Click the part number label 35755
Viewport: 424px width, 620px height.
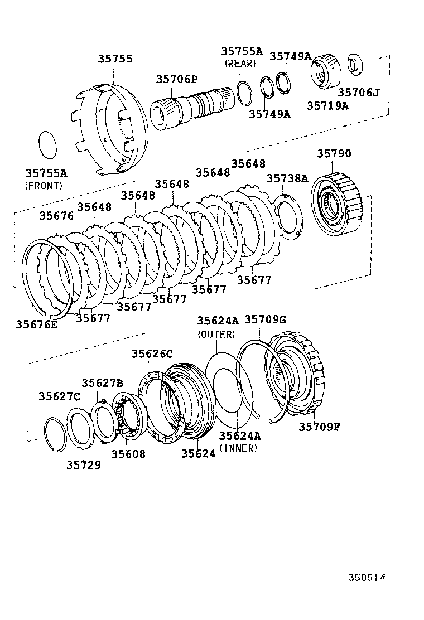(115, 59)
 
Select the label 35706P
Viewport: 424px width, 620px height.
(177, 80)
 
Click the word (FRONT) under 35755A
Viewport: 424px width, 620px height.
(44, 186)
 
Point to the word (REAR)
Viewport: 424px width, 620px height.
(240, 64)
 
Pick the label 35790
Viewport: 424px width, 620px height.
(334, 153)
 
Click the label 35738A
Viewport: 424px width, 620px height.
(287, 178)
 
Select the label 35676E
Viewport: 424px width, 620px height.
(36, 324)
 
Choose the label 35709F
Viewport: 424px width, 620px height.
(320, 427)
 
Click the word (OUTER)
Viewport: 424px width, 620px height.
(216, 335)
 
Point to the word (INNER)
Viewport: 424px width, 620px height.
(239, 448)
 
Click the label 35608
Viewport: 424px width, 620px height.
(128, 454)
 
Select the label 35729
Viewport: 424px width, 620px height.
(84, 464)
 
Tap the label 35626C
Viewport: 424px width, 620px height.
(152, 353)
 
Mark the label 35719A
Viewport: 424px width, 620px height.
(327, 105)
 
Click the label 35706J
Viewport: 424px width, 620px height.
(359, 92)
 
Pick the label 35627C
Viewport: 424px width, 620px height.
(59, 396)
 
